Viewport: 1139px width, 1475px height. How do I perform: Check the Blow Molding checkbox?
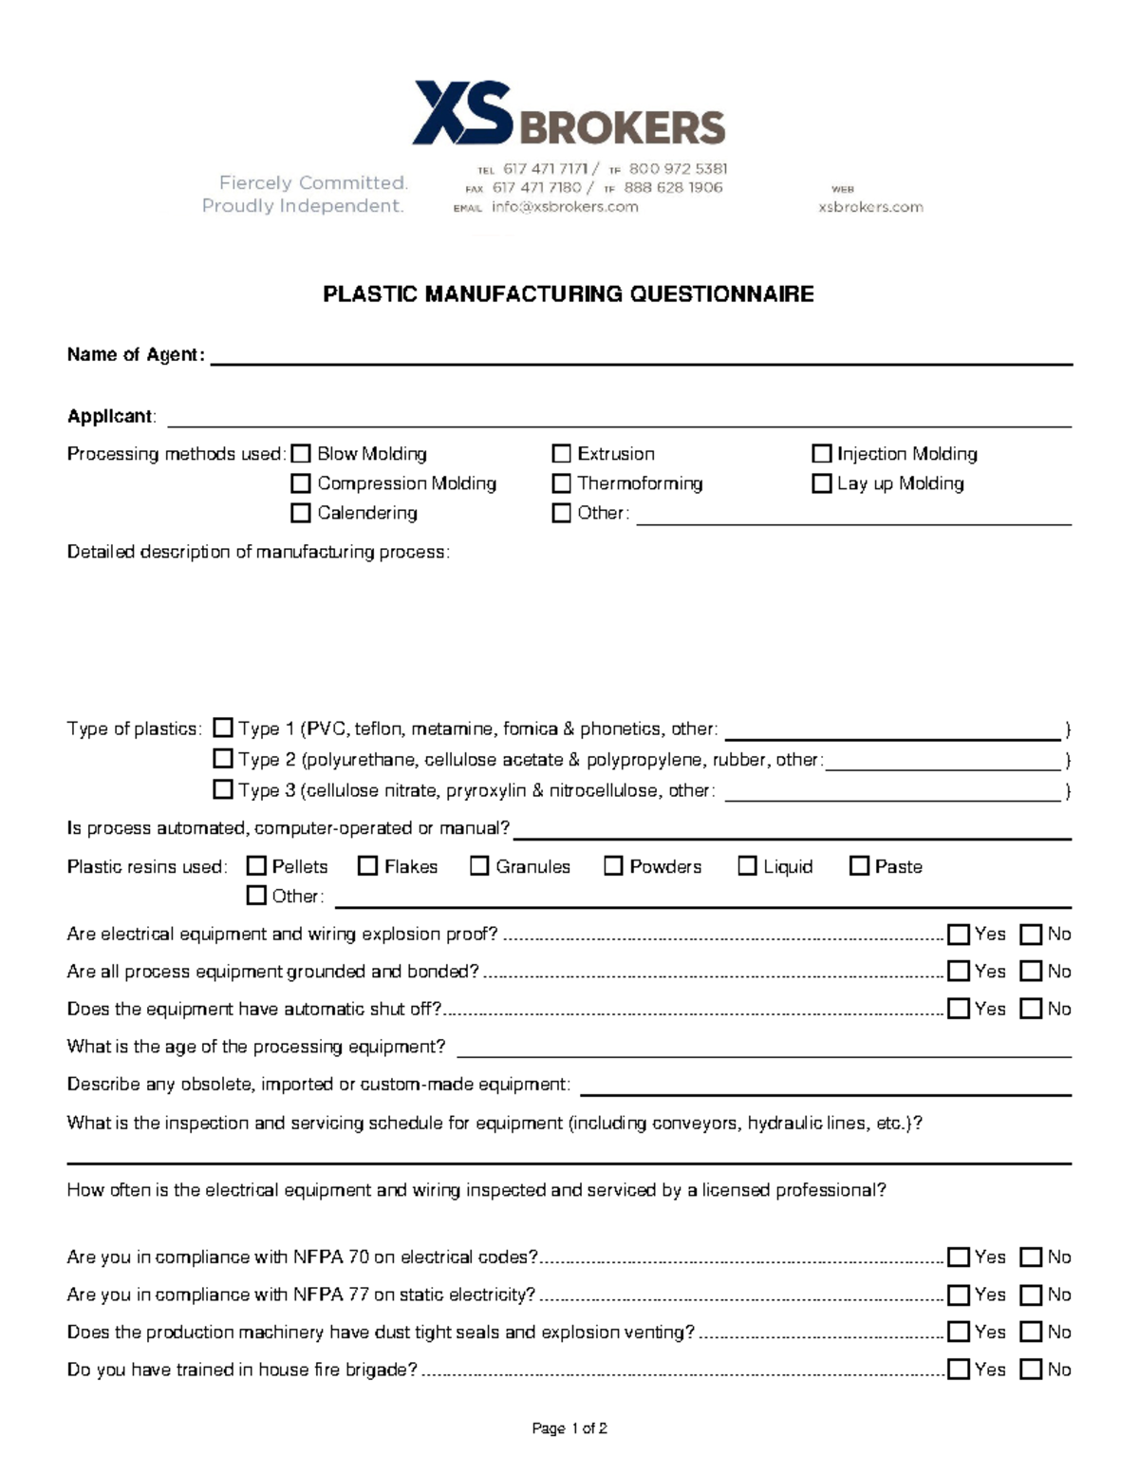coord(301,454)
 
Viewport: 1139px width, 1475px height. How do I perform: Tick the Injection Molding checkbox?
coord(822,454)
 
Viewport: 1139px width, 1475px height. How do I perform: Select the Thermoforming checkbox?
coord(562,483)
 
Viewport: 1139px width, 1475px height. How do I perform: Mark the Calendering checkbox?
coord(301,513)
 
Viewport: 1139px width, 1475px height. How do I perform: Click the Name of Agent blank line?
coord(641,357)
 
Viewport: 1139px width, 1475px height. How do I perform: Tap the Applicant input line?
coord(619,419)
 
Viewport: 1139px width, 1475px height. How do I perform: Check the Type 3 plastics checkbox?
coord(223,789)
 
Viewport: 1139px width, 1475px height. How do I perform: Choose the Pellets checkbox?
coord(256,866)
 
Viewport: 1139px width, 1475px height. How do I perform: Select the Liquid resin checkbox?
coord(748,866)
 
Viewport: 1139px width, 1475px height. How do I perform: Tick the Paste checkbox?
coord(860,866)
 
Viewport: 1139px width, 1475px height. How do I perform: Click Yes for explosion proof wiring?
coord(959,935)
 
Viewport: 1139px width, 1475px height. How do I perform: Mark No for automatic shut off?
coord(1031,1009)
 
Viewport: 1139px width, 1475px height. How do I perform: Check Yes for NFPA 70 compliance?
coord(959,1258)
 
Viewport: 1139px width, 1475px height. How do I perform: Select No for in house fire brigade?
coord(1031,1370)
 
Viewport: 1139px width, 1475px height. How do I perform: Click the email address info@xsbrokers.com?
coord(565,207)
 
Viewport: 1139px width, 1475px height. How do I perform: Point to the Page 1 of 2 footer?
coord(569,1428)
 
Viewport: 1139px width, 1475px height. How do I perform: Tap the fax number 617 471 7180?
coord(536,188)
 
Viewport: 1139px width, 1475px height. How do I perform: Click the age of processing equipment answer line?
coord(764,1050)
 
